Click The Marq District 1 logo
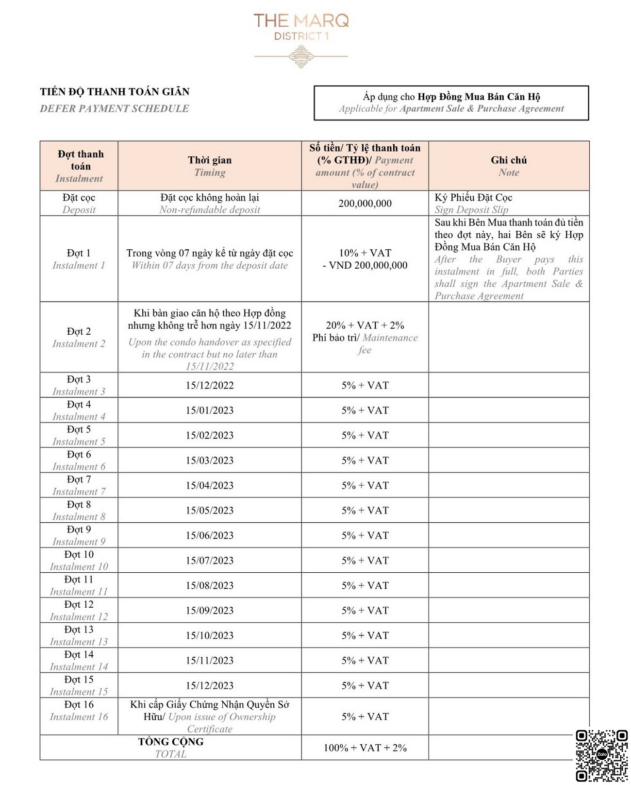click(301, 39)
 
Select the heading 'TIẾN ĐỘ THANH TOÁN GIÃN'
click(115, 92)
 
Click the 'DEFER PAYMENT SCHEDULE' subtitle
click(115, 109)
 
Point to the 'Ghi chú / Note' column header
click(509, 166)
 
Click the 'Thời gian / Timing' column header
click(210, 166)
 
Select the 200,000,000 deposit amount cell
click(365, 204)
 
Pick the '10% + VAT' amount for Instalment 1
click(365, 253)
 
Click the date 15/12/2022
click(210, 385)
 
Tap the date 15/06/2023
click(210, 535)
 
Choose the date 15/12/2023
click(210, 685)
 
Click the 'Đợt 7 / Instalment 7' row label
click(79, 485)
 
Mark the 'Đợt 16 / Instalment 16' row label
click(79, 711)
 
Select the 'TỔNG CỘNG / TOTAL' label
click(171, 748)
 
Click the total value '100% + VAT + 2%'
click(365, 748)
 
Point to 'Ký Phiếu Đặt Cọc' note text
click(473, 198)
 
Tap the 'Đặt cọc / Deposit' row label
click(79, 204)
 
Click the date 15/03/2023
click(210, 461)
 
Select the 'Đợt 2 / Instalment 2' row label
click(79, 337)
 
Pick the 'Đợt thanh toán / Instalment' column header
click(79, 166)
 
